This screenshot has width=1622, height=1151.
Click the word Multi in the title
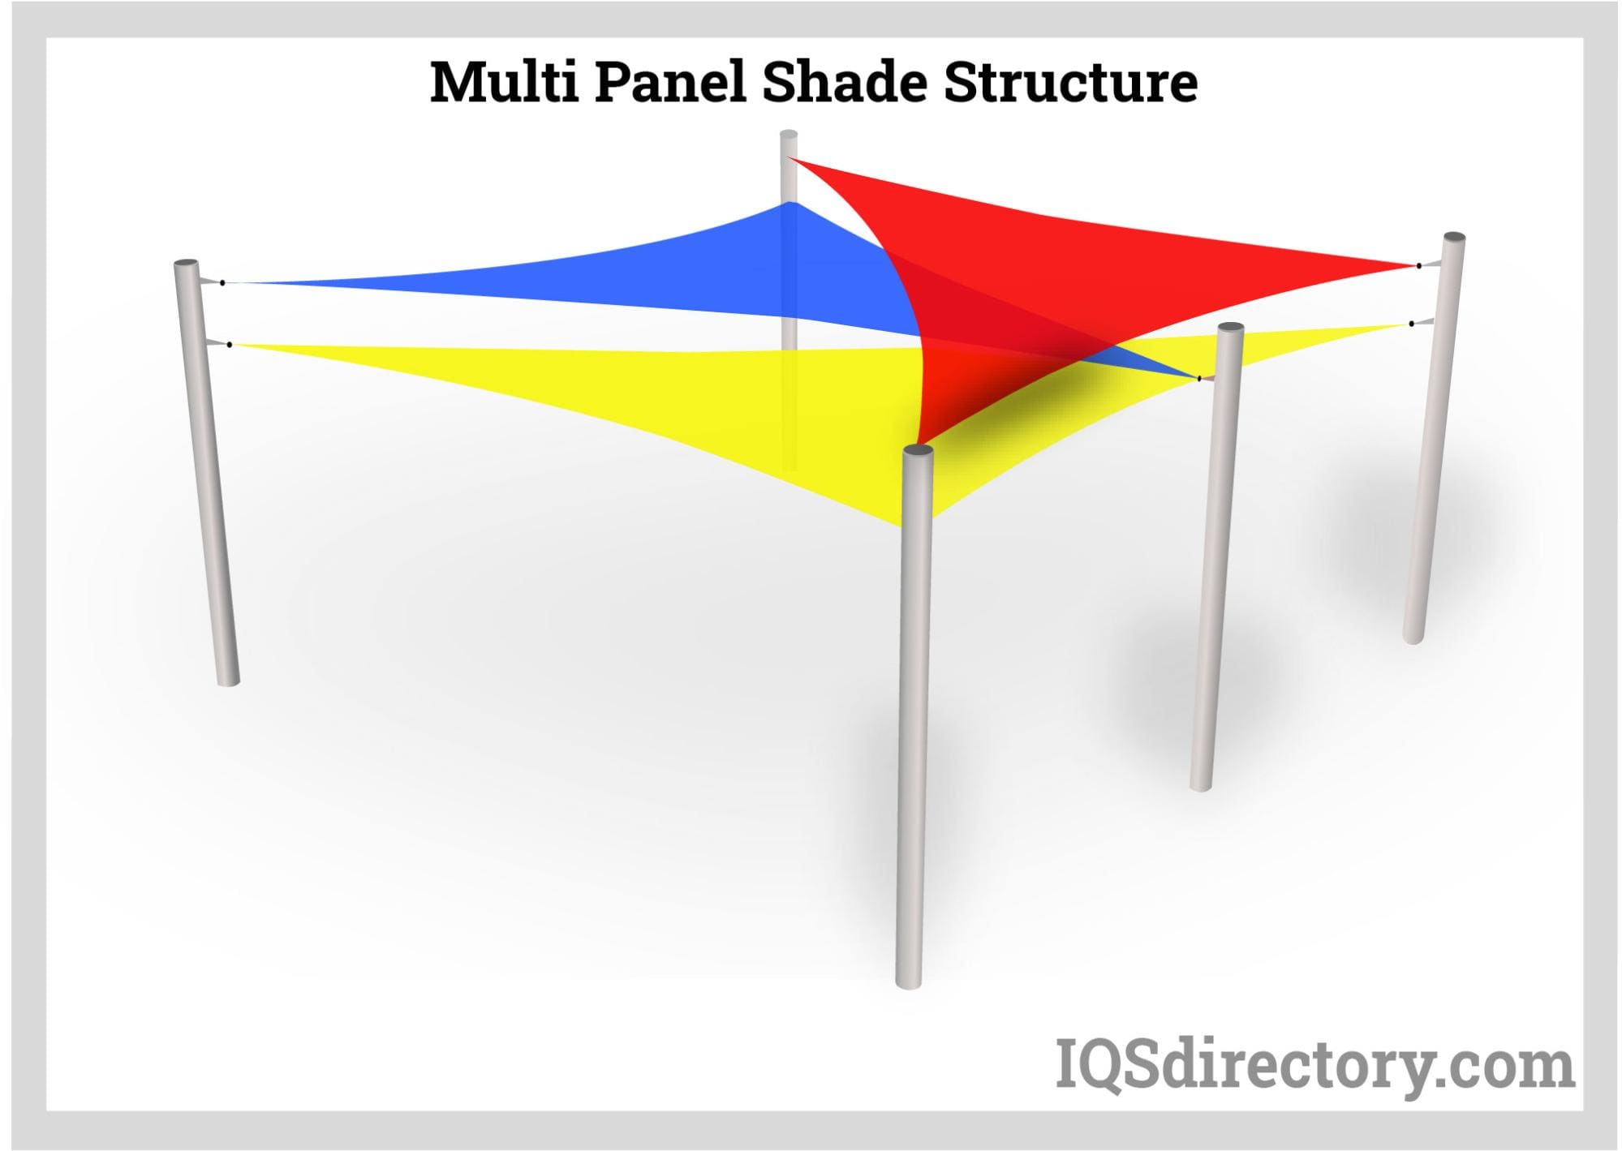504,82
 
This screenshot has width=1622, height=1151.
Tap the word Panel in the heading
671,82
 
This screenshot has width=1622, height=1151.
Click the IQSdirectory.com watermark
1314,1064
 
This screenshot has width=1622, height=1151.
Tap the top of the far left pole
187,264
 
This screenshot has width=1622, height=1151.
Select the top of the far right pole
1454,237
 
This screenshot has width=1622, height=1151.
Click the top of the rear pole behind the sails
789,135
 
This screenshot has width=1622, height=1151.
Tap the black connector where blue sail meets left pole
222,282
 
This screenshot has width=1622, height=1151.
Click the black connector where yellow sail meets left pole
230,345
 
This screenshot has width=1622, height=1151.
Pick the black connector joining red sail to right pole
1419,265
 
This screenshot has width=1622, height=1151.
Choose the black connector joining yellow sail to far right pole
1412,324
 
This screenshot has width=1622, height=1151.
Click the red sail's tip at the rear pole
789,157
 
